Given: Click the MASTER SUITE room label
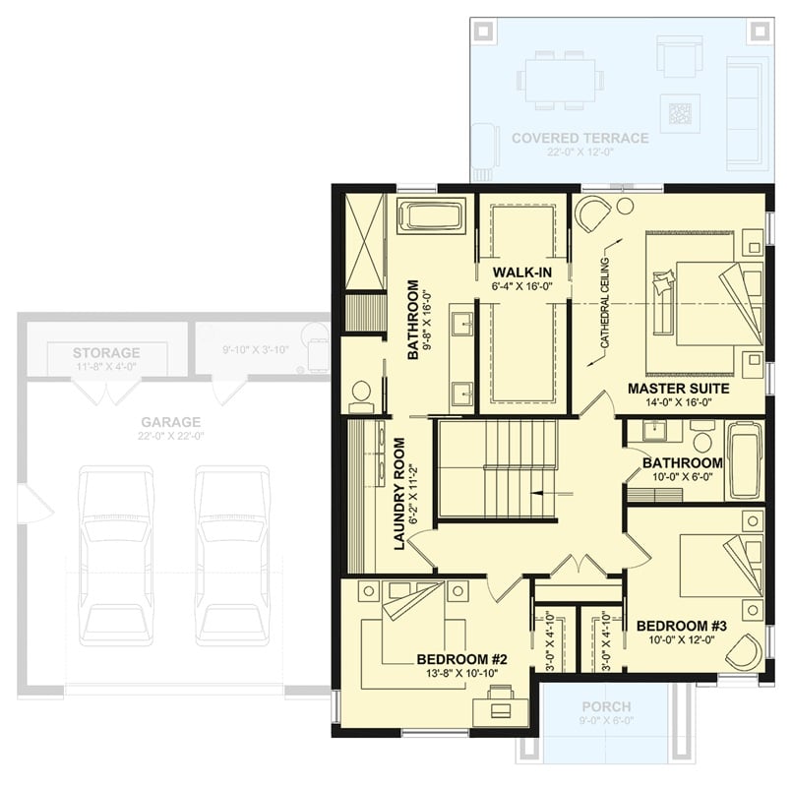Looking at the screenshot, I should [x=678, y=389].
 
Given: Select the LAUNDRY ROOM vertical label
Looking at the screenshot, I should [x=401, y=494].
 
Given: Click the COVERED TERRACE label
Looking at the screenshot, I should [x=579, y=138].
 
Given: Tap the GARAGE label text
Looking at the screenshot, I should [x=170, y=421].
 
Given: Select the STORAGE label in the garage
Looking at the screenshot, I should [x=106, y=352].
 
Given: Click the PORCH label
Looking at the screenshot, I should [x=606, y=706].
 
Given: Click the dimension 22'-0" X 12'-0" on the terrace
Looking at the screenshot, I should [x=579, y=152].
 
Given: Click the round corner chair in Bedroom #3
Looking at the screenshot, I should [x=745, y=650].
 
